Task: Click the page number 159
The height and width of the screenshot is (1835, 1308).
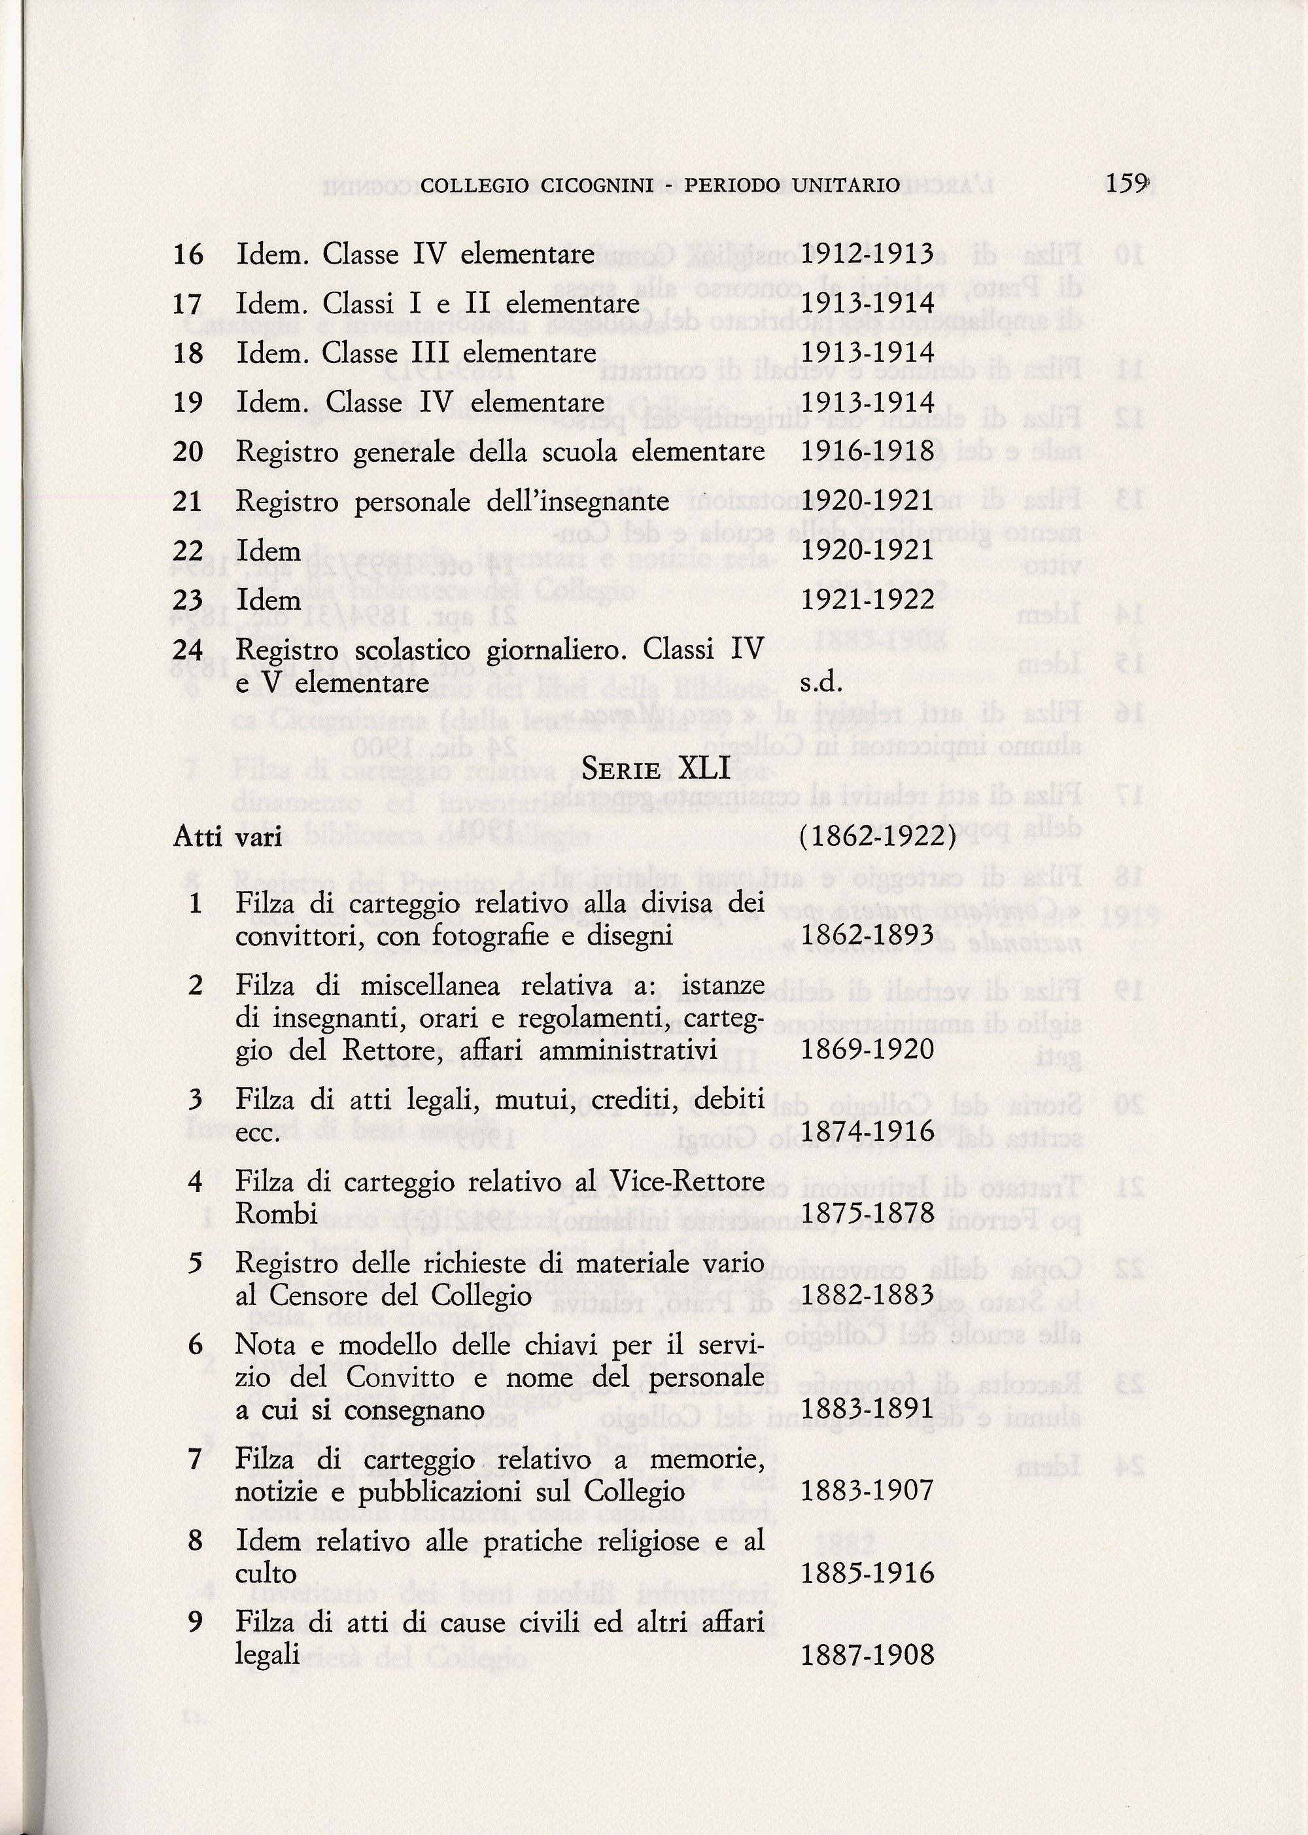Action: (1125, 184)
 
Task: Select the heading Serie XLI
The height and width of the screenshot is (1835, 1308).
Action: (655, 769)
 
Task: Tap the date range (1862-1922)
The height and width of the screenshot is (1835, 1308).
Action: (878, 837)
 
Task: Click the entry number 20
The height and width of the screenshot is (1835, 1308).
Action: (188, 452)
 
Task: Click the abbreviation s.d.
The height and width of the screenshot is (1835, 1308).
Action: (821, 683)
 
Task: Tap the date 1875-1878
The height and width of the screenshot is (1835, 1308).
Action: (867, 1213)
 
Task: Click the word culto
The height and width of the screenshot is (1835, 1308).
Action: (266, 1574)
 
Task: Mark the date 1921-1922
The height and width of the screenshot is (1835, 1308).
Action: (867, 599)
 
